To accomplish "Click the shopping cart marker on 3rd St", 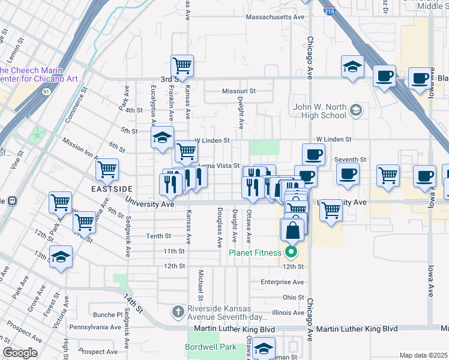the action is pyautogui.click(x=182, y=65).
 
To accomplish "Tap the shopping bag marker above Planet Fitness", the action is pyautogui.click(x=292, y=229).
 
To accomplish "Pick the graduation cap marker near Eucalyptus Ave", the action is pyautogui.click(x=161, y=138).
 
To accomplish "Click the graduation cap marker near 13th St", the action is pyautogui.click(x=61, y=257).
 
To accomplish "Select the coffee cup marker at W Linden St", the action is pyautogui.click(x=313, y=155).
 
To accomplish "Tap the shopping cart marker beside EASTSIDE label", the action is pyautogui.click(x=107, y=170).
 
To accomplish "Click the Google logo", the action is pyautogui.click(x=20, y=353).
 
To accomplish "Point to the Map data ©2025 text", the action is pyautogui.click(x=423, y=355).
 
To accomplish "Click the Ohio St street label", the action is pyautogui.click(x=294, y=297).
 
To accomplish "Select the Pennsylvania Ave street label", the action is pyautogui.click(x=95, y=327).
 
